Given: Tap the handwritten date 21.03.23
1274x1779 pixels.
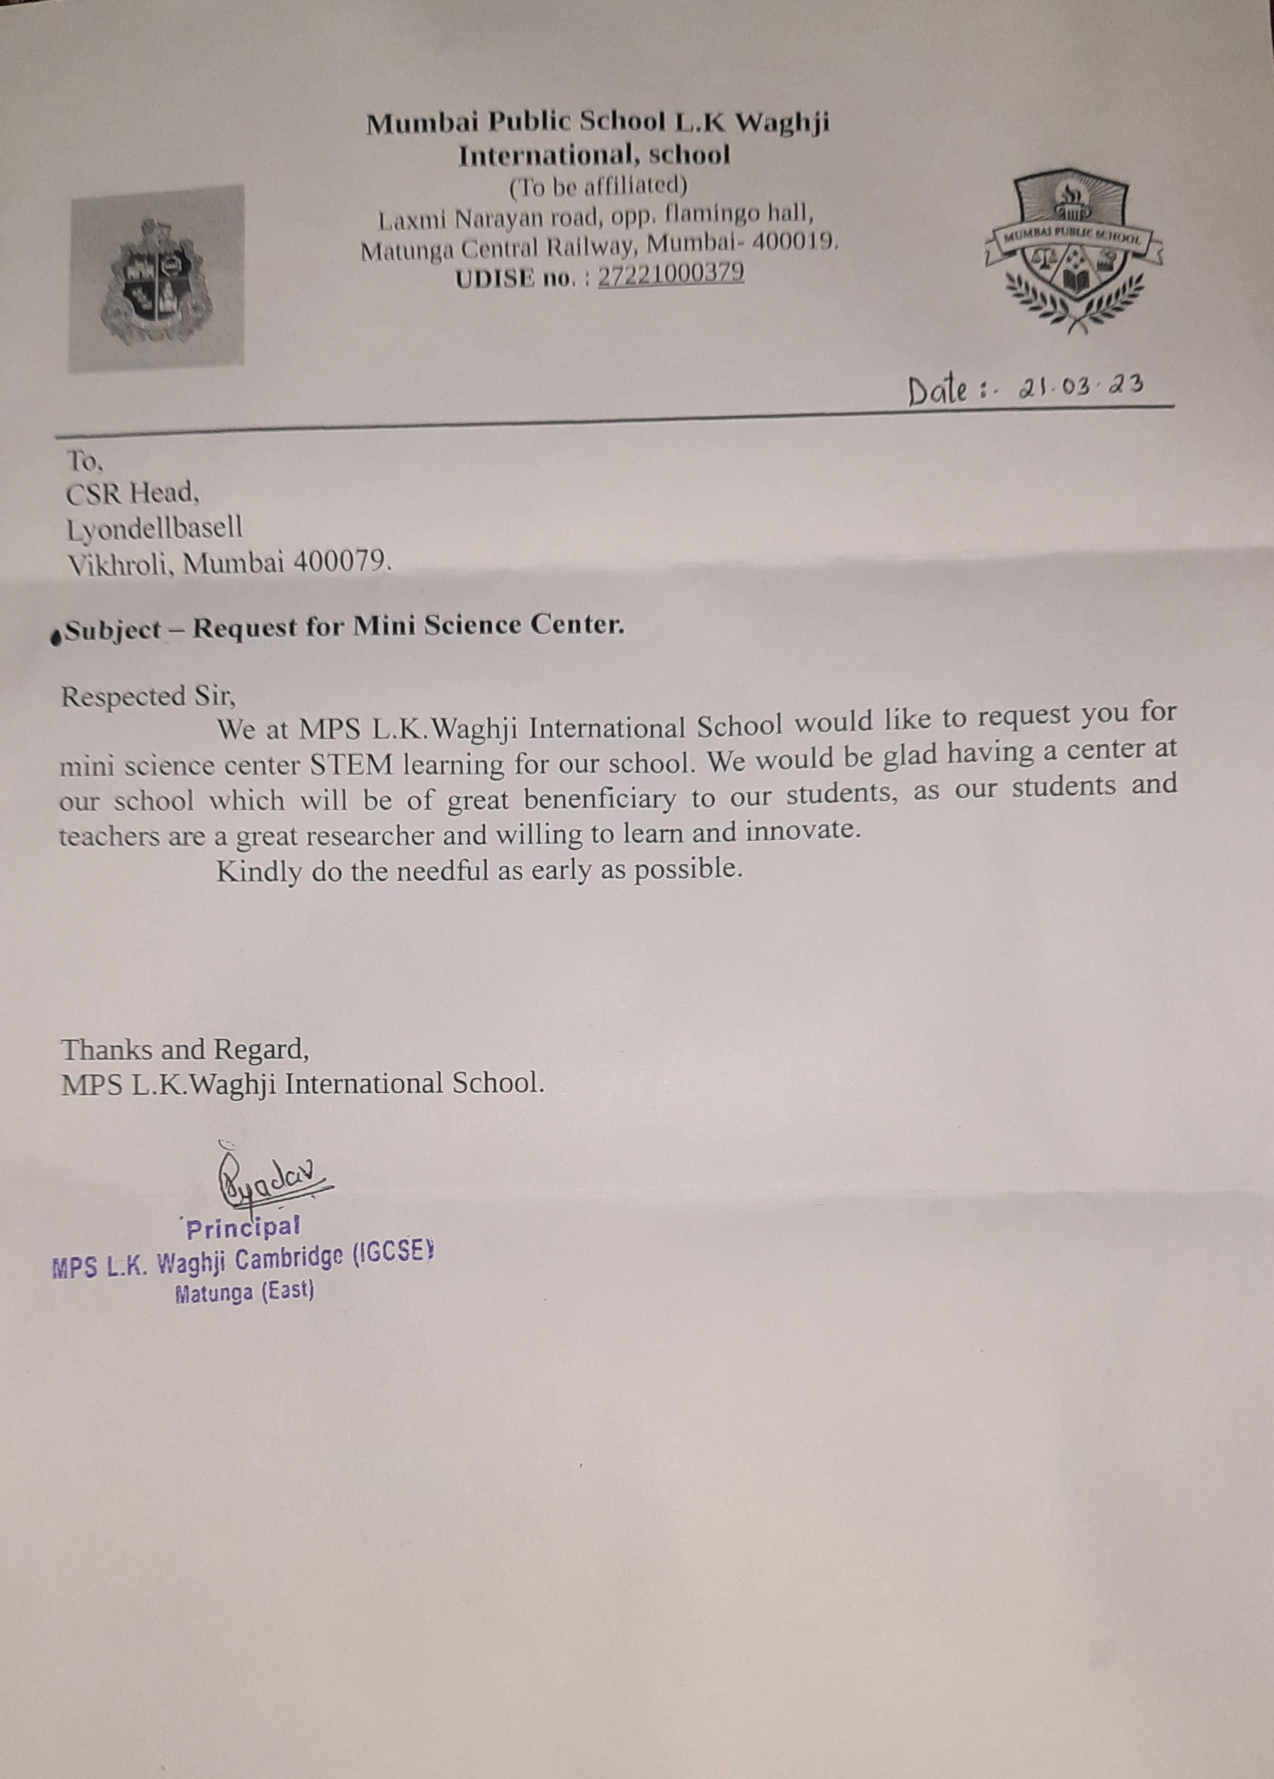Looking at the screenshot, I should pyautogui.click(x=1080, y=386).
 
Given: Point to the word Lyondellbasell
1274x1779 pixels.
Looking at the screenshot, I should pyautogui.click(x=155, y=528).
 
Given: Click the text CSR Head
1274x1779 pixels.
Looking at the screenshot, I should pyautogui.click(x=132, y=493).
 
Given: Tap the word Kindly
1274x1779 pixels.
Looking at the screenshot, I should pyautogui.click(x=258, y=871).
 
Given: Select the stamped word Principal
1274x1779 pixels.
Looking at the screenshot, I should pyautogui.click(x=242, y=1228).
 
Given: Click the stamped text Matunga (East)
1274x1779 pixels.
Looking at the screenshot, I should pyautogui.click(x=245, y=1291).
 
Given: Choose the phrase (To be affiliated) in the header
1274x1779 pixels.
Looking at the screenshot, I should pyautogui.click(x=598, y=187).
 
